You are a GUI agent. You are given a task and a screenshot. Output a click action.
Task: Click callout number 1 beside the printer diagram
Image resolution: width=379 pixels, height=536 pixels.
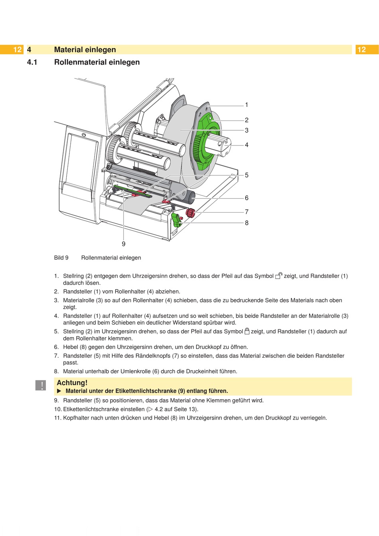point(247,105)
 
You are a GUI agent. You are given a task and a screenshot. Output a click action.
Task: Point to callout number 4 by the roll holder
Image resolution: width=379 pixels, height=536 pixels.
point(247,145)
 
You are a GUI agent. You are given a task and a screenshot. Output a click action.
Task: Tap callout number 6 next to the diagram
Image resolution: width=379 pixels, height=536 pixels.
point(247,198)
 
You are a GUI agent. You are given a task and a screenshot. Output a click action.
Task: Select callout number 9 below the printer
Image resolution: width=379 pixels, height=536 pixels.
point(124,244)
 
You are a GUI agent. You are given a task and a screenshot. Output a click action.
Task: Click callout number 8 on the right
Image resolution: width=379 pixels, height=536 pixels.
point(247,223)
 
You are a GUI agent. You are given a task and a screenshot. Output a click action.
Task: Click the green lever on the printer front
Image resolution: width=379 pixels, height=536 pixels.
point(176,220)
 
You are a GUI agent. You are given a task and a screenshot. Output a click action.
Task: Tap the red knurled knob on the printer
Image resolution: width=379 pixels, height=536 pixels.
point(190,213)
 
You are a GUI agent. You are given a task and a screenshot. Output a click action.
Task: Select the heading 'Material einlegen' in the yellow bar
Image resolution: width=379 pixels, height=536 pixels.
point(85,50)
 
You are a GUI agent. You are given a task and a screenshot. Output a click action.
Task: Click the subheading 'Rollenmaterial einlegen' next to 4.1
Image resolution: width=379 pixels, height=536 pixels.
point(97,62)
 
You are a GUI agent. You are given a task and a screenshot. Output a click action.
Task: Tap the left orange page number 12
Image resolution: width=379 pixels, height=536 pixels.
point(17,50)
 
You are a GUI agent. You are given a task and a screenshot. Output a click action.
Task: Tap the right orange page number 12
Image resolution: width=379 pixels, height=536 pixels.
point(361,50)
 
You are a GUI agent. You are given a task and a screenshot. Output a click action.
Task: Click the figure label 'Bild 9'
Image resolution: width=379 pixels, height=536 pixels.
point(61,258)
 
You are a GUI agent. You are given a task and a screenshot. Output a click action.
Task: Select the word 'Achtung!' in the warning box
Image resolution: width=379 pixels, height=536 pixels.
point(72,383)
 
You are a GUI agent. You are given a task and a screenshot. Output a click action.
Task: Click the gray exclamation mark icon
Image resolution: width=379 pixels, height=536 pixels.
point(41,385)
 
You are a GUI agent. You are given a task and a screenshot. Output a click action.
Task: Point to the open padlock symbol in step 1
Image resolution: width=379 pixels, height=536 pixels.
point(279,276)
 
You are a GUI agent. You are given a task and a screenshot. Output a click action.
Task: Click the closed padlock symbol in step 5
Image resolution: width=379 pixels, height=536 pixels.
point(247,331)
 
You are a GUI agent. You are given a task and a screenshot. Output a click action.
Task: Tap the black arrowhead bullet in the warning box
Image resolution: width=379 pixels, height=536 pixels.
point(59,391)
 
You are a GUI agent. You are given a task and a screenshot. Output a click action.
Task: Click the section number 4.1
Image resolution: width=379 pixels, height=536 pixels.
point(32,62)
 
